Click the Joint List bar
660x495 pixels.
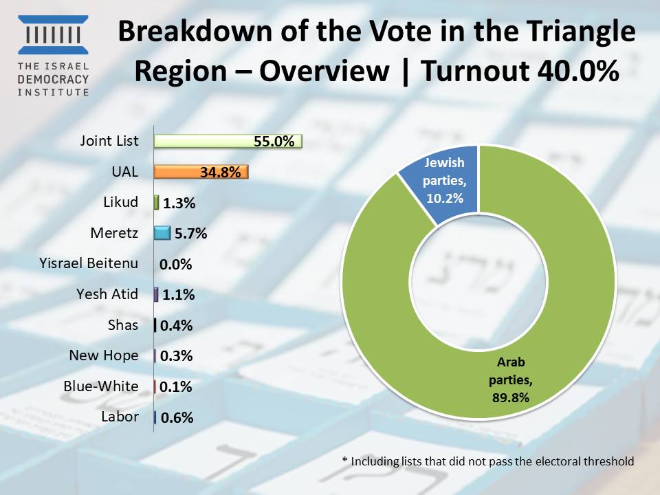tap(228, 141)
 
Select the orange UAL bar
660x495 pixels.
tap(201, 172)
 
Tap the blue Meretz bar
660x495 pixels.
tap(162, 233)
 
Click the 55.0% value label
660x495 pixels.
tap(274, 141)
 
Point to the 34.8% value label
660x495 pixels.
tap(220, 172)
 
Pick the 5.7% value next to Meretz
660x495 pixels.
tap(190, 233)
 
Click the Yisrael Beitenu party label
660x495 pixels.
tap(89, 263)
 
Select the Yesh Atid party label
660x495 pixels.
tap(107, 294)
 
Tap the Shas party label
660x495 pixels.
tap(123, 325)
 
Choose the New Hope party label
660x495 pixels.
tap(104, 355)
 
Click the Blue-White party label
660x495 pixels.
tap(101, 386)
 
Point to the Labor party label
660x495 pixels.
tap(120, 417)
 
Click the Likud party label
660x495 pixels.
tap(121, 202)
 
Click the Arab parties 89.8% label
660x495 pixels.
tap(511, 379)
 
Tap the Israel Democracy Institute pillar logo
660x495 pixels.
tap(53, 35)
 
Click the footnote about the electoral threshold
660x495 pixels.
tap(488, 461)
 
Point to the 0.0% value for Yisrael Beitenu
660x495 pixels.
tap(175, 264)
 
